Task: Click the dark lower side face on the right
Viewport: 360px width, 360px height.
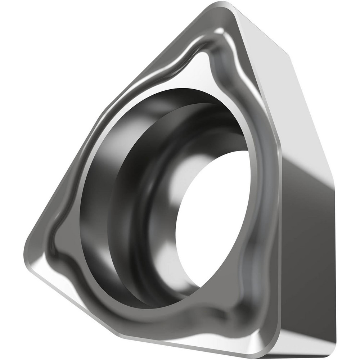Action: [306, 252]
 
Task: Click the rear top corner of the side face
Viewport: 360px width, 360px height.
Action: [288, 54]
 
